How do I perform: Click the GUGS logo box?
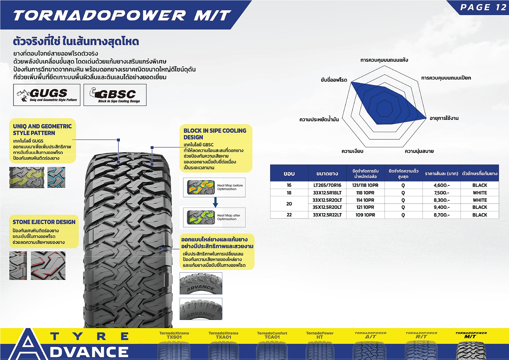47,95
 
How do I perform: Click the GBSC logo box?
115,95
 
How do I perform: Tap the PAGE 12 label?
483,7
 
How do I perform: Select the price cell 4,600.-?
441,185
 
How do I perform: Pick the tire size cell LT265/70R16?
327,185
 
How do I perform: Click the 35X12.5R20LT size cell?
327,207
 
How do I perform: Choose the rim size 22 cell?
289,215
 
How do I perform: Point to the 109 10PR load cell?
365,215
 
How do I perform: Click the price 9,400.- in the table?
441,207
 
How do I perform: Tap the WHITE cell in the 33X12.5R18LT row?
480,193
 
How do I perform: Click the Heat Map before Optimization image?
201,187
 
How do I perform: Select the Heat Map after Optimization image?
201,217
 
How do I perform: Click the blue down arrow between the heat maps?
215,202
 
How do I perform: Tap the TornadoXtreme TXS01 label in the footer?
174,335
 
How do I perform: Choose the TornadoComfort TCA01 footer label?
272,335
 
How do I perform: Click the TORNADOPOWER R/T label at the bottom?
421,335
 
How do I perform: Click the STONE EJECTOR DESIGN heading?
44,222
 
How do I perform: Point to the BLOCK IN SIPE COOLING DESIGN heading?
215,134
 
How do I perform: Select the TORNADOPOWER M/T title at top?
122,15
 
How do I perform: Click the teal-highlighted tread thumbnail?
56,177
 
